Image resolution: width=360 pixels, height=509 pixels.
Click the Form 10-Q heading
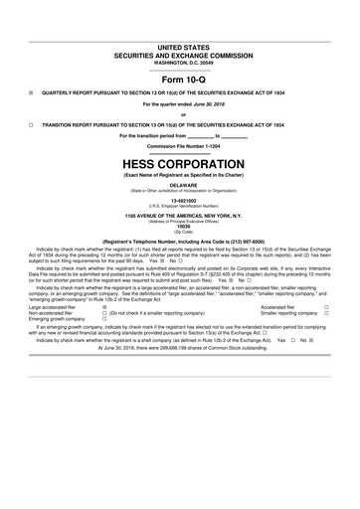179,81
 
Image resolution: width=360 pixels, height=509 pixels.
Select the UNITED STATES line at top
179,47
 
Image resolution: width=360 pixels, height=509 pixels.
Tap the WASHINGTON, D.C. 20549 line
179,62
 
